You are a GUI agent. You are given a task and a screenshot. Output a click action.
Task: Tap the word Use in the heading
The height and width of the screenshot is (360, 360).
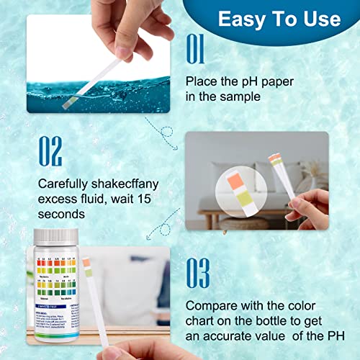320,18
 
